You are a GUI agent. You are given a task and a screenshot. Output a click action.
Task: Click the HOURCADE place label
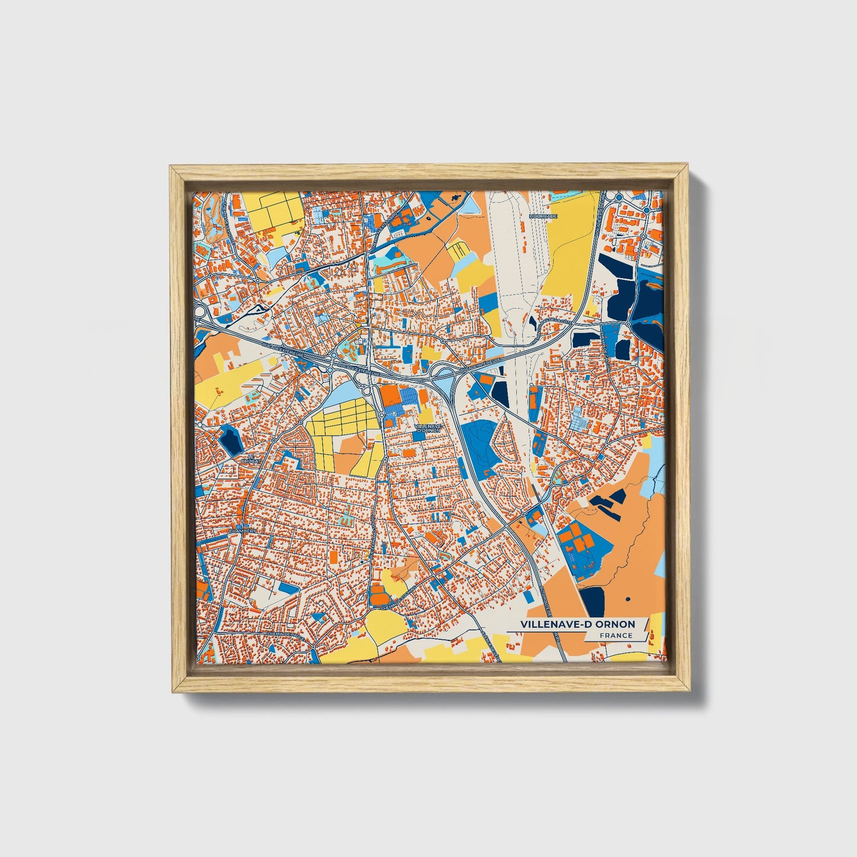point(543,216)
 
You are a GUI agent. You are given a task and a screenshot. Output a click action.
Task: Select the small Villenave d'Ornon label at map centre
point(427,428)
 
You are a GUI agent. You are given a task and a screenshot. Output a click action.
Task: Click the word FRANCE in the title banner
point(616,636)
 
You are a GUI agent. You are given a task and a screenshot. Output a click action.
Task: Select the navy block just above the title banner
point(592,600)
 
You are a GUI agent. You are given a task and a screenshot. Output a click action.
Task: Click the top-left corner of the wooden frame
point(171,167)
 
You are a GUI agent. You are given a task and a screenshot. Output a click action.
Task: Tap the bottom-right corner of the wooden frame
point(689,691)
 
